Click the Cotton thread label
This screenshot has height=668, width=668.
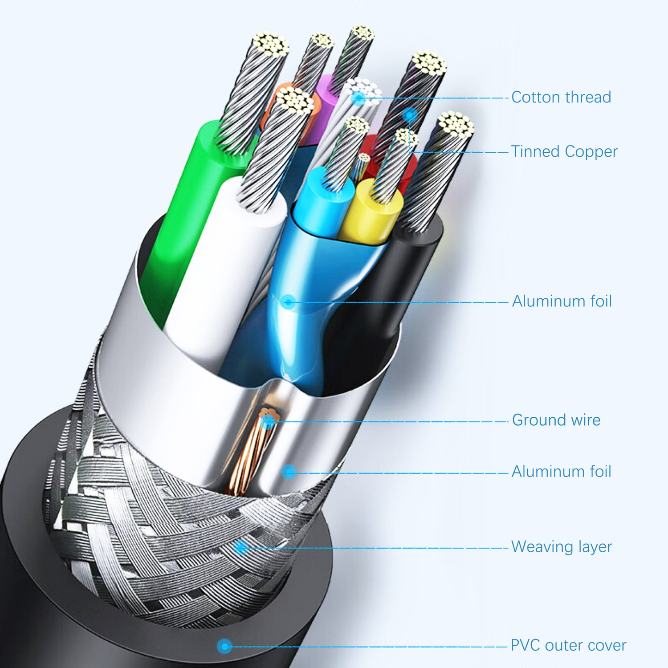(x=561, y=97)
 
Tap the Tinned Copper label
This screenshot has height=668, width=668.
(x=564, y=151)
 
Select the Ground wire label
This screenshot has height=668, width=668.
(x=556, y=420)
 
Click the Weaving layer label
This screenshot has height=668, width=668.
(x=561, y=546)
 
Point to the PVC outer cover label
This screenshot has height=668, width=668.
(x=568, y=645)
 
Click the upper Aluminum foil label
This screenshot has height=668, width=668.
(x=562, y=301)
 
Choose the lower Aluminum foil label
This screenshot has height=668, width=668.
(x=561, y=471)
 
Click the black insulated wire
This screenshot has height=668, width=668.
(x=392, y=285)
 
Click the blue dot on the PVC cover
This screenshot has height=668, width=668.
(x=224, y=645)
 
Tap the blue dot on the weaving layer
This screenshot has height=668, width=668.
(x=241, y=547)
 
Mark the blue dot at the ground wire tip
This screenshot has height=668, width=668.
(x=268, y=421)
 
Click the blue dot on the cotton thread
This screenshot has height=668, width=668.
(x=358, y=98)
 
